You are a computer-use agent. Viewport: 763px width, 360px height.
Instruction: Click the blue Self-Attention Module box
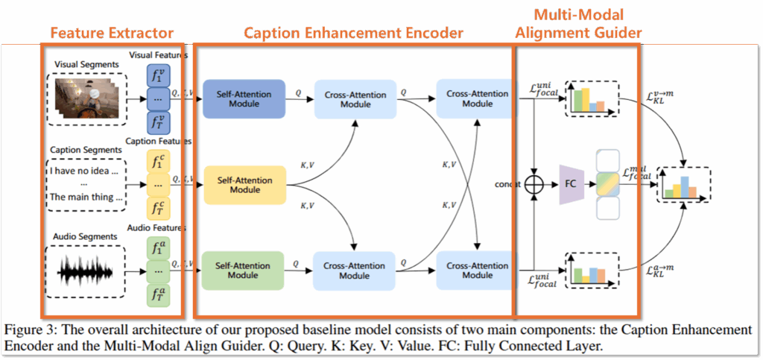coord(244,98)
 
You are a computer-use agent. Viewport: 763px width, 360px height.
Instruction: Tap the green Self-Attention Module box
coord(244,269)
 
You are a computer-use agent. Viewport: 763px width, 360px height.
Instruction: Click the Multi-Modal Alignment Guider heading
coord(577,24)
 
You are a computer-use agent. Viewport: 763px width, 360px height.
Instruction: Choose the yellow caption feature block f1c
coord(157,162)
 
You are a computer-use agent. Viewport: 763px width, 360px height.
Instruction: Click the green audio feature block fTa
coord(157,294)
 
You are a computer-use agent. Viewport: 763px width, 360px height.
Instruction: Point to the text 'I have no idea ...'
coord(84,171)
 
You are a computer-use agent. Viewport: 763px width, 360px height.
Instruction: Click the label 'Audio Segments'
coord(84,236)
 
